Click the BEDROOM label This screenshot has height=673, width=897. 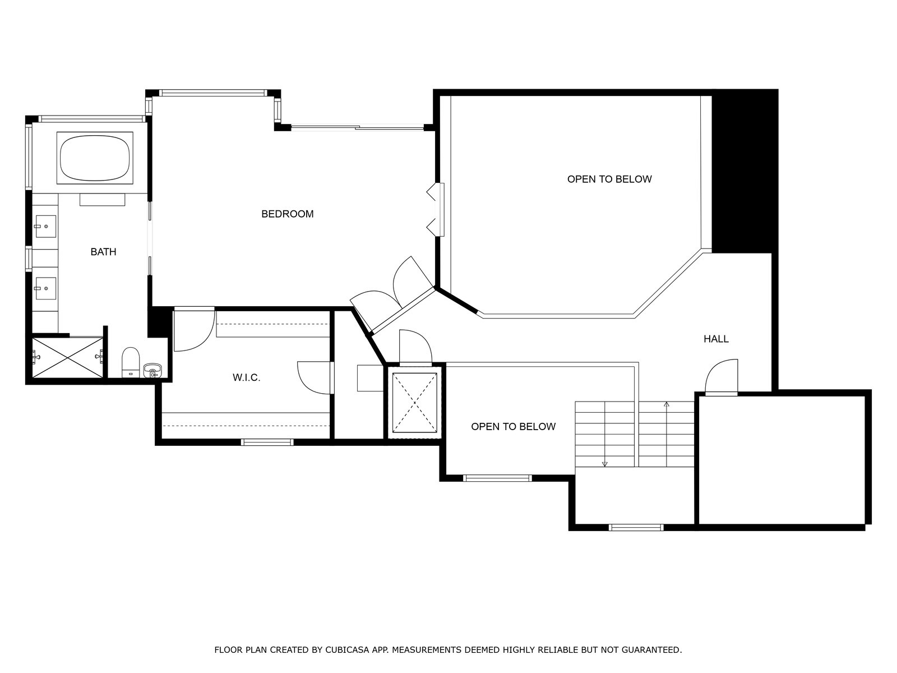pos(287,214)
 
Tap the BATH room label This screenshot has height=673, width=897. pos(103,252)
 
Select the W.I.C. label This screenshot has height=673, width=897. pos(247,377)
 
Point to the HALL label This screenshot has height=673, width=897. pos(716,339)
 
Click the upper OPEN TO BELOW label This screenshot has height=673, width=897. pos(609,179)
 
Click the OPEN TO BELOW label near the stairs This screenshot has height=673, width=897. pos(513,427)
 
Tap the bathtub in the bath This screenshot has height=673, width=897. pos(95,157)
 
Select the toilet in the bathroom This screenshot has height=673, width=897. pos(131,362)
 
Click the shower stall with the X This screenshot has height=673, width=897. pos(67,357)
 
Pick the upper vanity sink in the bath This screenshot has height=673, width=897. pos(45,227)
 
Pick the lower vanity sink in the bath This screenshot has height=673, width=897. pos(45,288)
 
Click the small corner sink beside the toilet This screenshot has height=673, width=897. pos(152,371)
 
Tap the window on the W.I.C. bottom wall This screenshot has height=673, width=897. pos(267,442)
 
